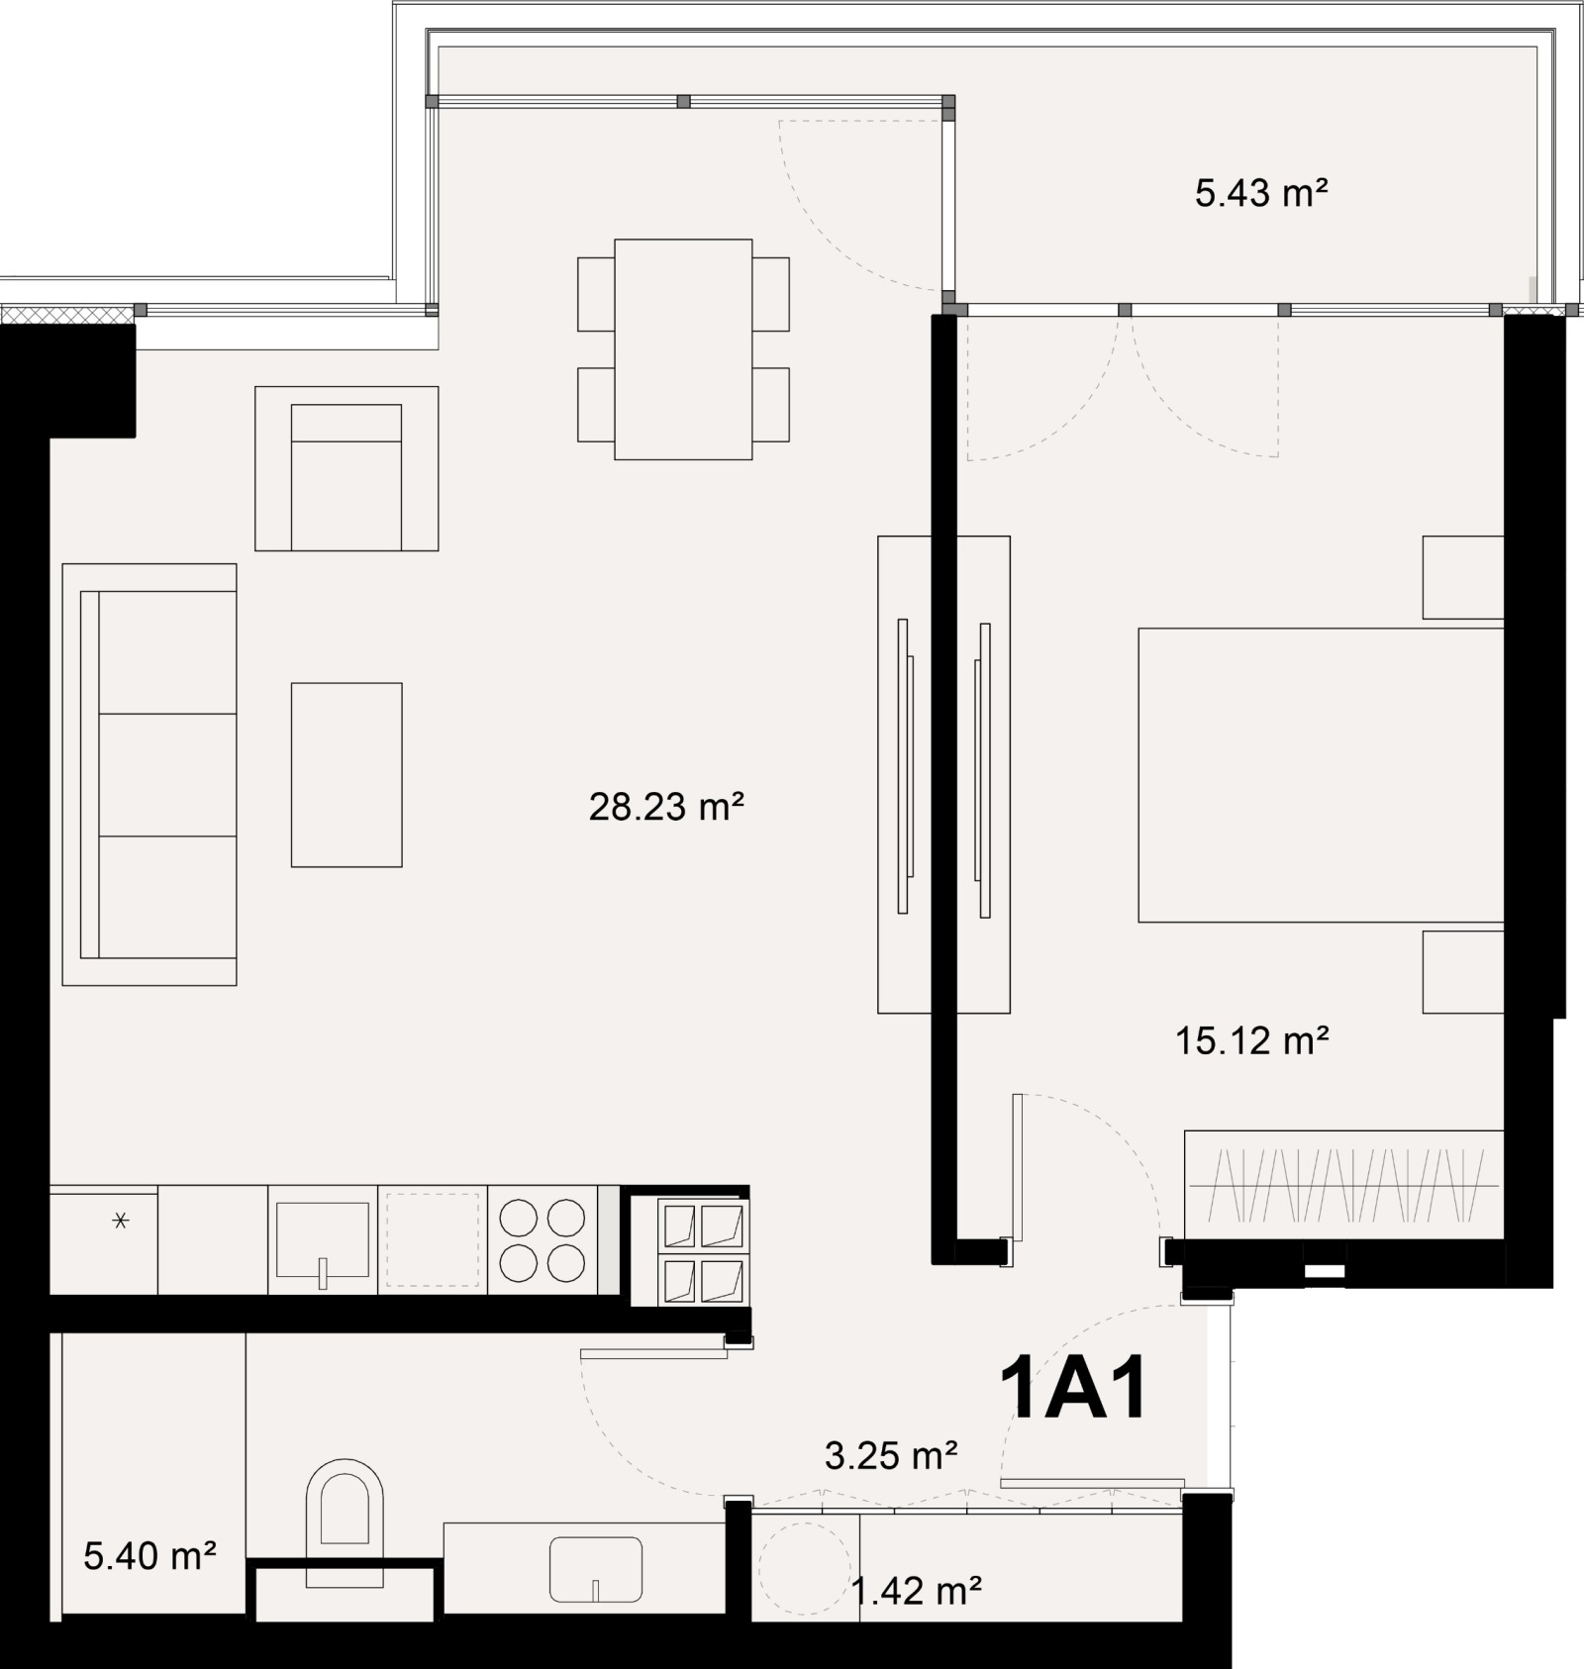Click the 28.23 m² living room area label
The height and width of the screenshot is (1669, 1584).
(665, 807)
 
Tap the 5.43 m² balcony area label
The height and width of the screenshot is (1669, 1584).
(1260, 193)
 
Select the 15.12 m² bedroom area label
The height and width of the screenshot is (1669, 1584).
(1251, 1040)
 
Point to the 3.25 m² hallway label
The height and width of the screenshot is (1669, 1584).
(890, 1454)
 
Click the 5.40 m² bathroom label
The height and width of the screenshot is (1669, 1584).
(149, 1556)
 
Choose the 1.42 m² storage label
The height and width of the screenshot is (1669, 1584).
(916, 1591)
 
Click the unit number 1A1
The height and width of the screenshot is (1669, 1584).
(1074, 1390)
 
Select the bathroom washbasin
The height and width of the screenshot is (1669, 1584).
(595, 1570)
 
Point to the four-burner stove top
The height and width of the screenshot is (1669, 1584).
(543, 1240)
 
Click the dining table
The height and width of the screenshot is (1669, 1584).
(683, 349)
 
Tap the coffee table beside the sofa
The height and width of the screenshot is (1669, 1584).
(346, 774)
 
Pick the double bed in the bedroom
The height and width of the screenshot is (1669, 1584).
(1321, 775)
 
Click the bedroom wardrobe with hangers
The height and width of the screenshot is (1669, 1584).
(1343, 1184)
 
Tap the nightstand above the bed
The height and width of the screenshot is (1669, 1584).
(1463, 577)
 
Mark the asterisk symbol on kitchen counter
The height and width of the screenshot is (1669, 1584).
(121, 1222)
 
